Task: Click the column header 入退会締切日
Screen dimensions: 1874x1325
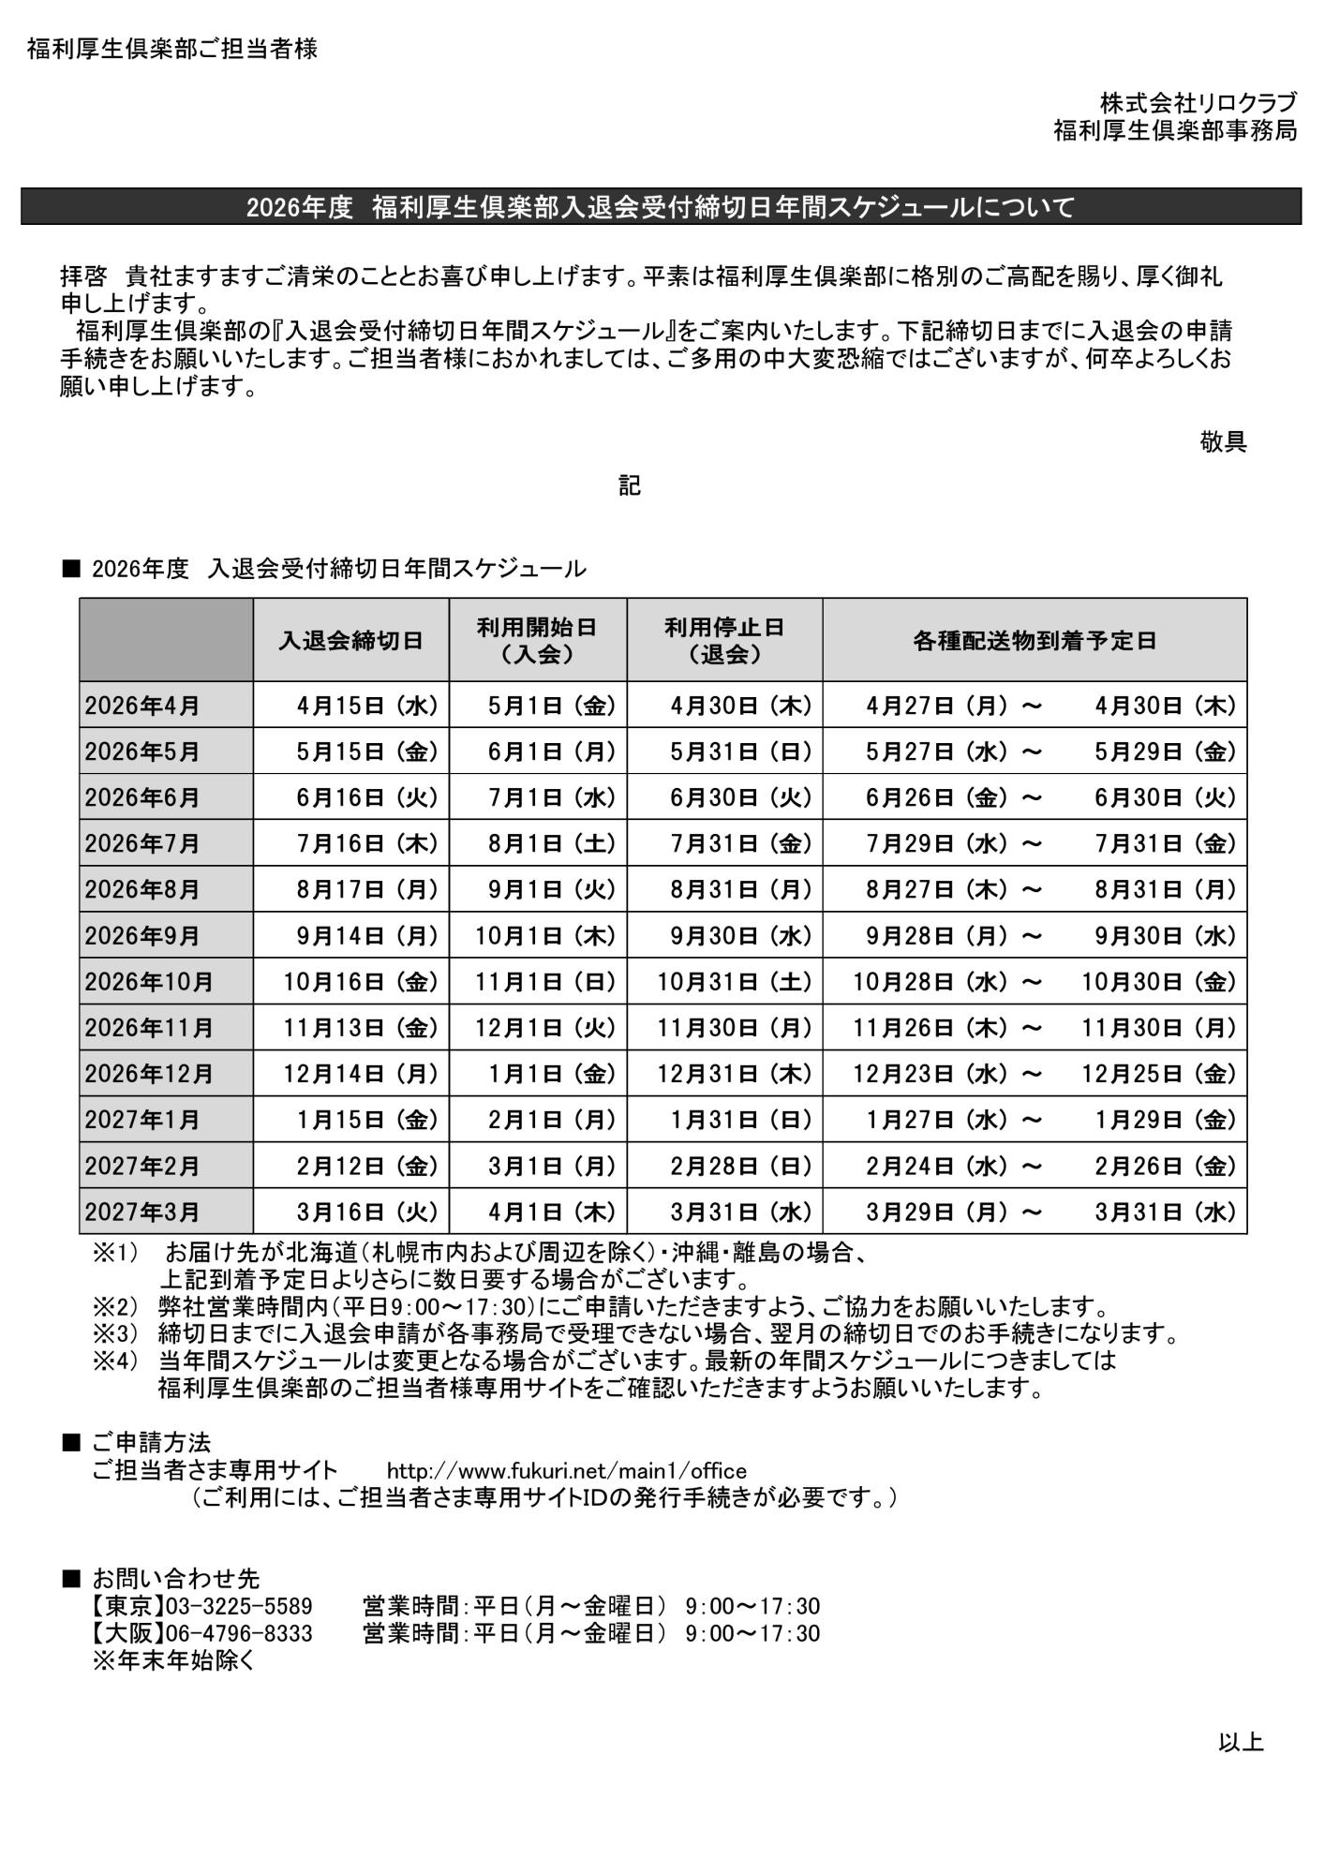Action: coord(350,640)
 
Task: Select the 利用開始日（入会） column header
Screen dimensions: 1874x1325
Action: coord(537,640)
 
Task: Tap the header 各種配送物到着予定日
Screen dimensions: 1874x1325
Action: coord(1035,640)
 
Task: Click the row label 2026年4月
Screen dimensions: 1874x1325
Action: coord(142,706)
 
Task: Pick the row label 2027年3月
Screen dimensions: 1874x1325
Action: coord(142,1212)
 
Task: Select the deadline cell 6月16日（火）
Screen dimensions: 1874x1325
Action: coord(367,797)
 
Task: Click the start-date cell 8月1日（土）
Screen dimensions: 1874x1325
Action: coord(552,843)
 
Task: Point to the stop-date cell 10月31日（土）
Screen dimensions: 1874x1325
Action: coord(735,982)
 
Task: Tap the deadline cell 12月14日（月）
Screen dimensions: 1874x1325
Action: coord(362,1074)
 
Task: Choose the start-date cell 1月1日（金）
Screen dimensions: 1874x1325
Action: coord(552,1074)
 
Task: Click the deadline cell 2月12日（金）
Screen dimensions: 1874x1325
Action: coord(367,1166)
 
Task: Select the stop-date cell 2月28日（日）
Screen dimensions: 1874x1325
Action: coord(740,1166)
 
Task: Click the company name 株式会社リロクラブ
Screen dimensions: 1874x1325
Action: coord(1198,103)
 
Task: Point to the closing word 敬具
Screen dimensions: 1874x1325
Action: coord(1223,441)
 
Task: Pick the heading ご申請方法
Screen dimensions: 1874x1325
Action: coord(151,1443)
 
